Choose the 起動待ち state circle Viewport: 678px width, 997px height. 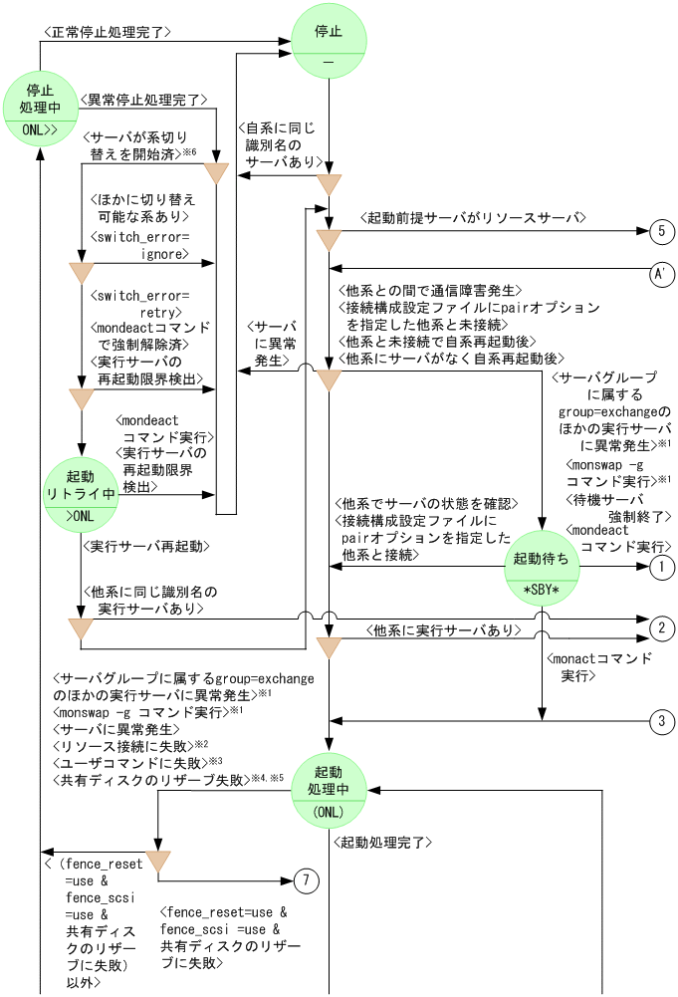point(542,567)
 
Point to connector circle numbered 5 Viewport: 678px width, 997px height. point(661,231)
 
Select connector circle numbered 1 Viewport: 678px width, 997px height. point(661,567)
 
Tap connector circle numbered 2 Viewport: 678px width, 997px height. point(661,627)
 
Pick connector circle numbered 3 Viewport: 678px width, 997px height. point(661,721)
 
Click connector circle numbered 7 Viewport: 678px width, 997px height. point(308,880)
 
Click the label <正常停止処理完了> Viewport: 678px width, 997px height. point(109,32)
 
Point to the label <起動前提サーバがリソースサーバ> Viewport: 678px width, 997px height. point(472,217)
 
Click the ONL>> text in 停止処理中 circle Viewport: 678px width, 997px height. point(40,129)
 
